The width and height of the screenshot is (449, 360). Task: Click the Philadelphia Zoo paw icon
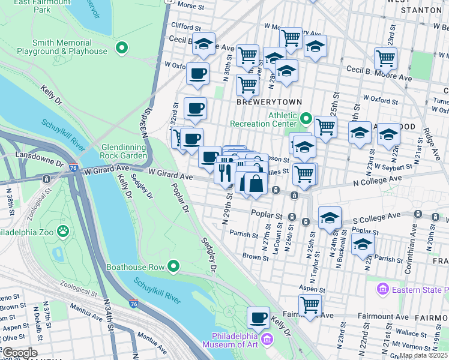(63, 231)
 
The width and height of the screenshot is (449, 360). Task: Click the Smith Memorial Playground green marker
(122, 47)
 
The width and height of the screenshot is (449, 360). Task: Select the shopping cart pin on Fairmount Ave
(310, 304)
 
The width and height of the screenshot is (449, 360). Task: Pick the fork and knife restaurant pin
(225, 172)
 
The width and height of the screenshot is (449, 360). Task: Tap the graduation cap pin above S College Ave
(330, 218)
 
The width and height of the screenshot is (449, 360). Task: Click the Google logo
(19, 353)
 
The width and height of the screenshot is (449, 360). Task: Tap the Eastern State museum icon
(382, 290)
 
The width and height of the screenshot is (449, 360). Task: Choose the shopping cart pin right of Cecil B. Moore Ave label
(385, 58)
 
